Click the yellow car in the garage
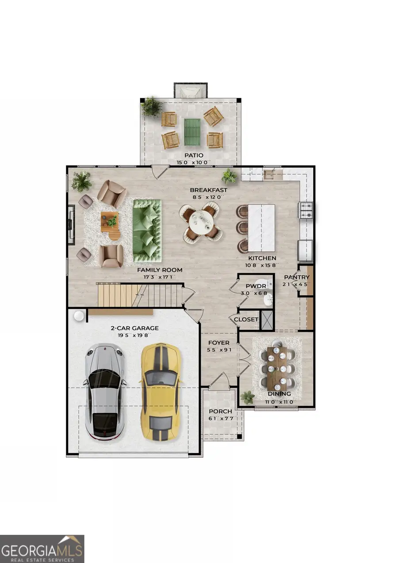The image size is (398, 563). point(160,391)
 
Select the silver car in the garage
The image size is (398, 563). point(105,391)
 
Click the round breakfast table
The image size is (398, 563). point(202,221)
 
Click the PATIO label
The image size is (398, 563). point(194,155)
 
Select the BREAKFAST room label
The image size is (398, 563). point(208,190)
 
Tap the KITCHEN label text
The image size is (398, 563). point(262,258)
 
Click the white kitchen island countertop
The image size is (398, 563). point(261,227)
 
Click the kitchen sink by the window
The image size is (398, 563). point(270,175)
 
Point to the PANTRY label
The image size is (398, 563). point(297,277)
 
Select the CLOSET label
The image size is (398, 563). point(246,319)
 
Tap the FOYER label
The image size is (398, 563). point(219,343)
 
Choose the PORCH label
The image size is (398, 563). point(220,411)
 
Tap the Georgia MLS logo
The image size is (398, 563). point(42,548)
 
